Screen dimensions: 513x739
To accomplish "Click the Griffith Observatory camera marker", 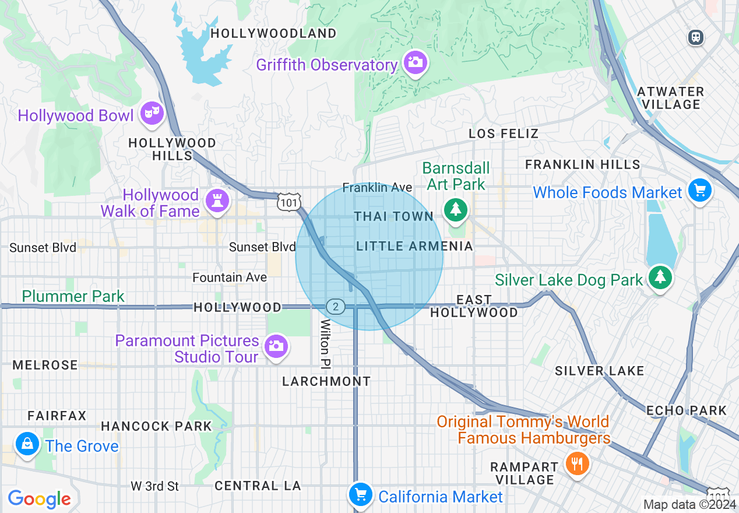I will (x=415, y=62).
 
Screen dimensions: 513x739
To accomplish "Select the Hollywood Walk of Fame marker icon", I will (x=217, y=201).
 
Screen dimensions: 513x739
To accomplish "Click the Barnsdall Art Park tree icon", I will (x=455, y=209).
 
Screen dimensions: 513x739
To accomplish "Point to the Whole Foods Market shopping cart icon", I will (x=699, y=190).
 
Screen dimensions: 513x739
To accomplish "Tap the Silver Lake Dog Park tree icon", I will (x=660, y=277).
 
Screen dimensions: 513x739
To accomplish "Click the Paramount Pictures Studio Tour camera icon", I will (x=276, y=346).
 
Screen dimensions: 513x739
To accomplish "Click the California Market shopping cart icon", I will (x=360, y=494).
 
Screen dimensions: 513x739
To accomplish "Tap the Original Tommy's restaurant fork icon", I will (x=577, y=463).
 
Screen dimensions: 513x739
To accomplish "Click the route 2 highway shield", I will (x=335, y=307).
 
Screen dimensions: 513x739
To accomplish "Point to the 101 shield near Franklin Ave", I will (x=290, y=202).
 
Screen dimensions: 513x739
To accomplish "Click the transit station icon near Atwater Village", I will (x=695, y=37).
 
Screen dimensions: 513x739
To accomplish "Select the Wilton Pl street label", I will (x=325, y=344).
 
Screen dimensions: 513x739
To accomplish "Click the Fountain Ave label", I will (x=230, y=277).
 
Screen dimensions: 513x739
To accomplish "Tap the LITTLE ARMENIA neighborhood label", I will (x=414, y=246).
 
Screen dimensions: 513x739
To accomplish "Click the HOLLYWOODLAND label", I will (x=273, y=33).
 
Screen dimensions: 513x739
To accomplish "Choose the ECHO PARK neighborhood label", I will (x=686, y=410).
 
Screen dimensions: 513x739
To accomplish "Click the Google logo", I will (x=39, y=499).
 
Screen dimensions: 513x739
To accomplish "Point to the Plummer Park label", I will (x=73, y=296).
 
